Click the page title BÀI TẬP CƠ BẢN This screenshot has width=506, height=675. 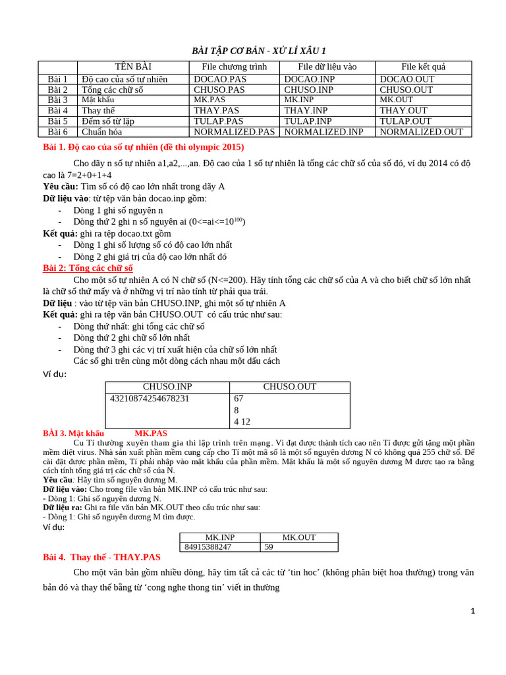click(258, 51)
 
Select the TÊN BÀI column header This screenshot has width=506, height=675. click(133, 67)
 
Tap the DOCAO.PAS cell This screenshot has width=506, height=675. click(220, 79)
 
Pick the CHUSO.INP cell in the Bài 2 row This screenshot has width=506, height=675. click(308, 90)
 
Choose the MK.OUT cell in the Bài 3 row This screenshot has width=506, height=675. click(396, 100)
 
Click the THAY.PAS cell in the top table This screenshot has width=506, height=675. click(216, 111)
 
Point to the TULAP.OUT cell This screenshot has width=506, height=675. click(405, 121)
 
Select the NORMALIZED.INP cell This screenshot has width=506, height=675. click(323, 132)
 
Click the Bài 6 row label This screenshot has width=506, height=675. click(57, 132)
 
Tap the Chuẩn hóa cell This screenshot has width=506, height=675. click(101, 132)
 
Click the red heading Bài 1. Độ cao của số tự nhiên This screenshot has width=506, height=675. click(143, 147)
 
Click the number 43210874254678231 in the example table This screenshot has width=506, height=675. click(150, 398)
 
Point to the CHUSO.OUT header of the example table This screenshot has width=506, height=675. click(289, 387)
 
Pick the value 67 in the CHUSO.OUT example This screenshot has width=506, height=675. click(239, 398)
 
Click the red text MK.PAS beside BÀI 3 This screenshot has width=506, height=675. click(151, 433)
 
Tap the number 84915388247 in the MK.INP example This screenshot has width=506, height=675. click(208, 546)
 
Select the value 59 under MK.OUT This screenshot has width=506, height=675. click(269, 546)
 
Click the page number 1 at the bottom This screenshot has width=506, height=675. click(472, 611)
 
